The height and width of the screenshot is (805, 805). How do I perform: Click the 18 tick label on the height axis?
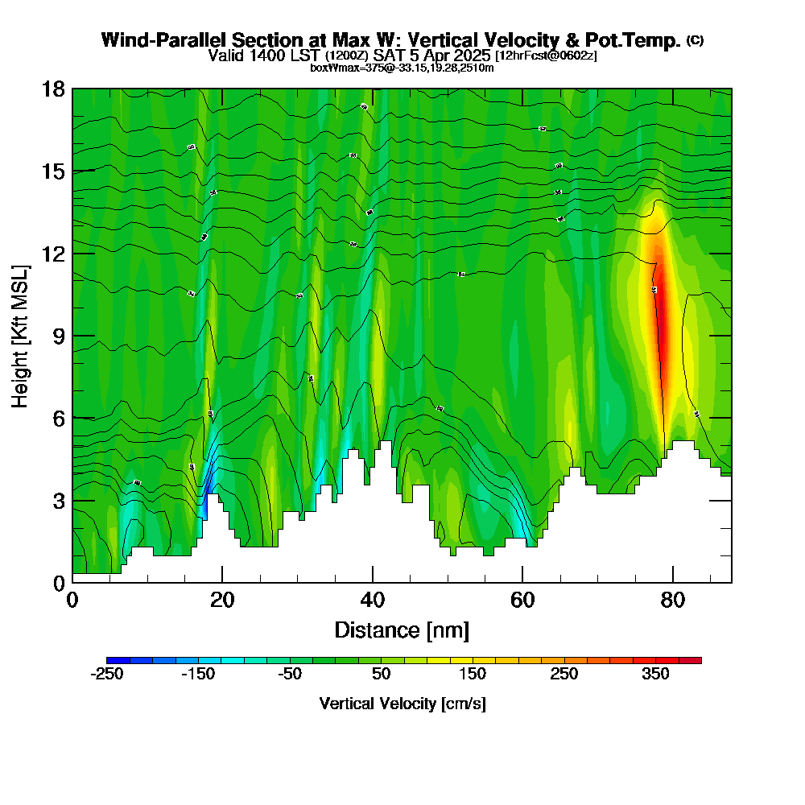click(53, 89)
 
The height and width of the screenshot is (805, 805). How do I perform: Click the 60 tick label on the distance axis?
click(522, 601)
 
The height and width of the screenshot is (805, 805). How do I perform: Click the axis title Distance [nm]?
click(402, 630)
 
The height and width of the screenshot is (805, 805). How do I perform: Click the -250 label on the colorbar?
click(107, 675)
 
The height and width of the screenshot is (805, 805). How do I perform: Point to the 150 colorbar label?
click(473, 675)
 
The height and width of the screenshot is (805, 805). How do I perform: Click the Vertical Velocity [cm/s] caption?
click(402, 704)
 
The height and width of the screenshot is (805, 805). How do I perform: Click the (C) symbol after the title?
click(695, 39)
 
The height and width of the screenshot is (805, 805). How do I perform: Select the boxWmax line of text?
click(402, 68)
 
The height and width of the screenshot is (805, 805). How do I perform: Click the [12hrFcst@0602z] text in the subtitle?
click(546, 56)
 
